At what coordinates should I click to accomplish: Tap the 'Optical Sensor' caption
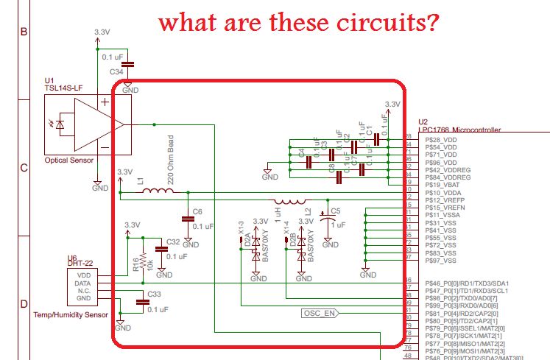[68, 160]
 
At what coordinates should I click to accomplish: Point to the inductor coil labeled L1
[157, 192]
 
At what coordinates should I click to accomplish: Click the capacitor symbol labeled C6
[188, 218]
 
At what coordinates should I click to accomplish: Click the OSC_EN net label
[320, 313]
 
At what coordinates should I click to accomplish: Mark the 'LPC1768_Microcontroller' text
[459, 130]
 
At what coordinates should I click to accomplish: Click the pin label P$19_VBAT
[440, 185]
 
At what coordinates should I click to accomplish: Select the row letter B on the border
[23, 31]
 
